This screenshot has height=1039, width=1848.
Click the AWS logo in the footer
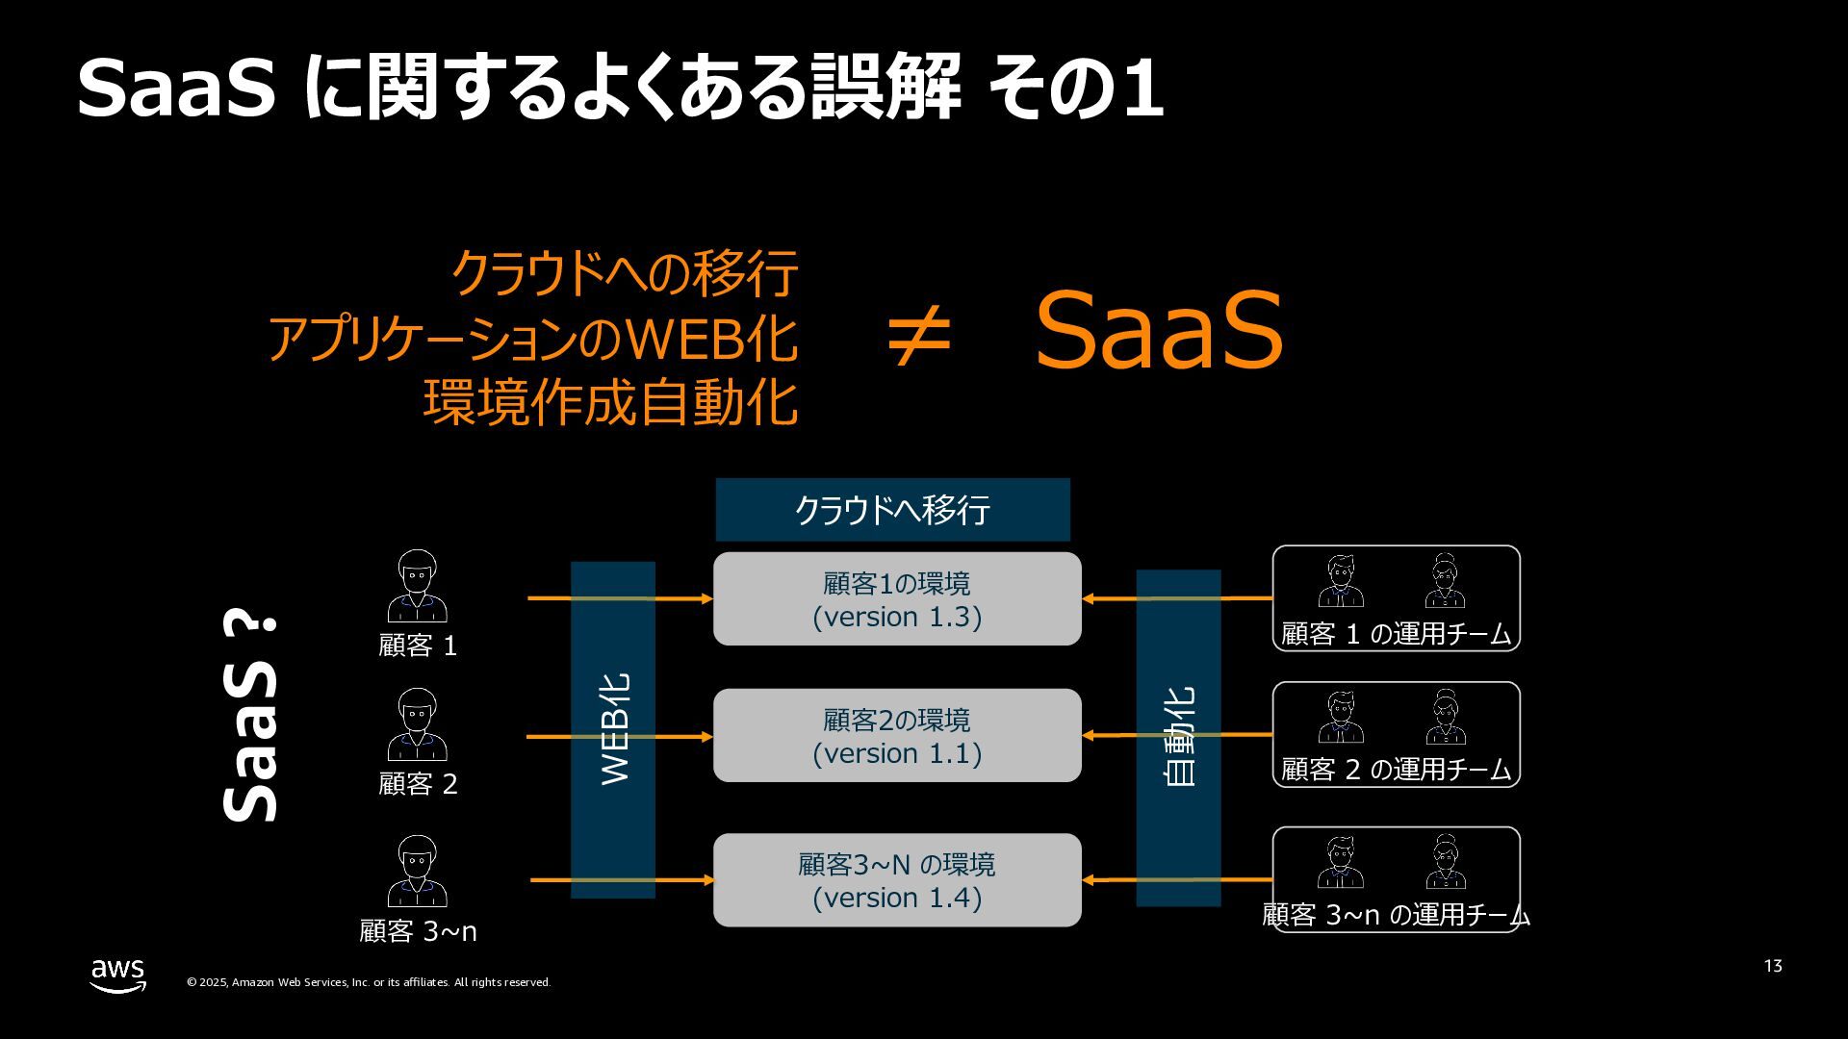[117, 975]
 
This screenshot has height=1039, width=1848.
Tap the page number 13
[1773, 966]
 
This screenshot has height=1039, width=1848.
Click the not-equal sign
[918, 336]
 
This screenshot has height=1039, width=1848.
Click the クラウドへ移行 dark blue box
[892, 509]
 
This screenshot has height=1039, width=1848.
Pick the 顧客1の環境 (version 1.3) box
[897, 598]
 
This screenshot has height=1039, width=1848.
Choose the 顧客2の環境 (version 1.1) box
[897, 735]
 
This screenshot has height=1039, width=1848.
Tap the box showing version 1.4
[897, 879]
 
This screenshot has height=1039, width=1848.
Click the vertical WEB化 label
[614, 729]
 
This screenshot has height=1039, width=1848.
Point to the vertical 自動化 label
[1179, 737]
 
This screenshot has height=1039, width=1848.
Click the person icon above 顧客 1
[417, 586]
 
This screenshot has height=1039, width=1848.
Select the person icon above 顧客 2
[417, 724]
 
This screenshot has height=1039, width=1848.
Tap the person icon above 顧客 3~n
[417, 871]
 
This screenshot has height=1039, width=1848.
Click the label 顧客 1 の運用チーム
[1396, 634]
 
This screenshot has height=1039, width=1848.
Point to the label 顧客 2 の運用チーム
[1396, 770]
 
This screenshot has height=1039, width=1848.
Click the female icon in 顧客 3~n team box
[1446, 861]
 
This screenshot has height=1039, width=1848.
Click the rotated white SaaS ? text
[251, 717]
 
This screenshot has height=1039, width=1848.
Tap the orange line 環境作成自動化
[610, 403]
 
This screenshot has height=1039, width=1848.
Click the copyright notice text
[368, 982]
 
